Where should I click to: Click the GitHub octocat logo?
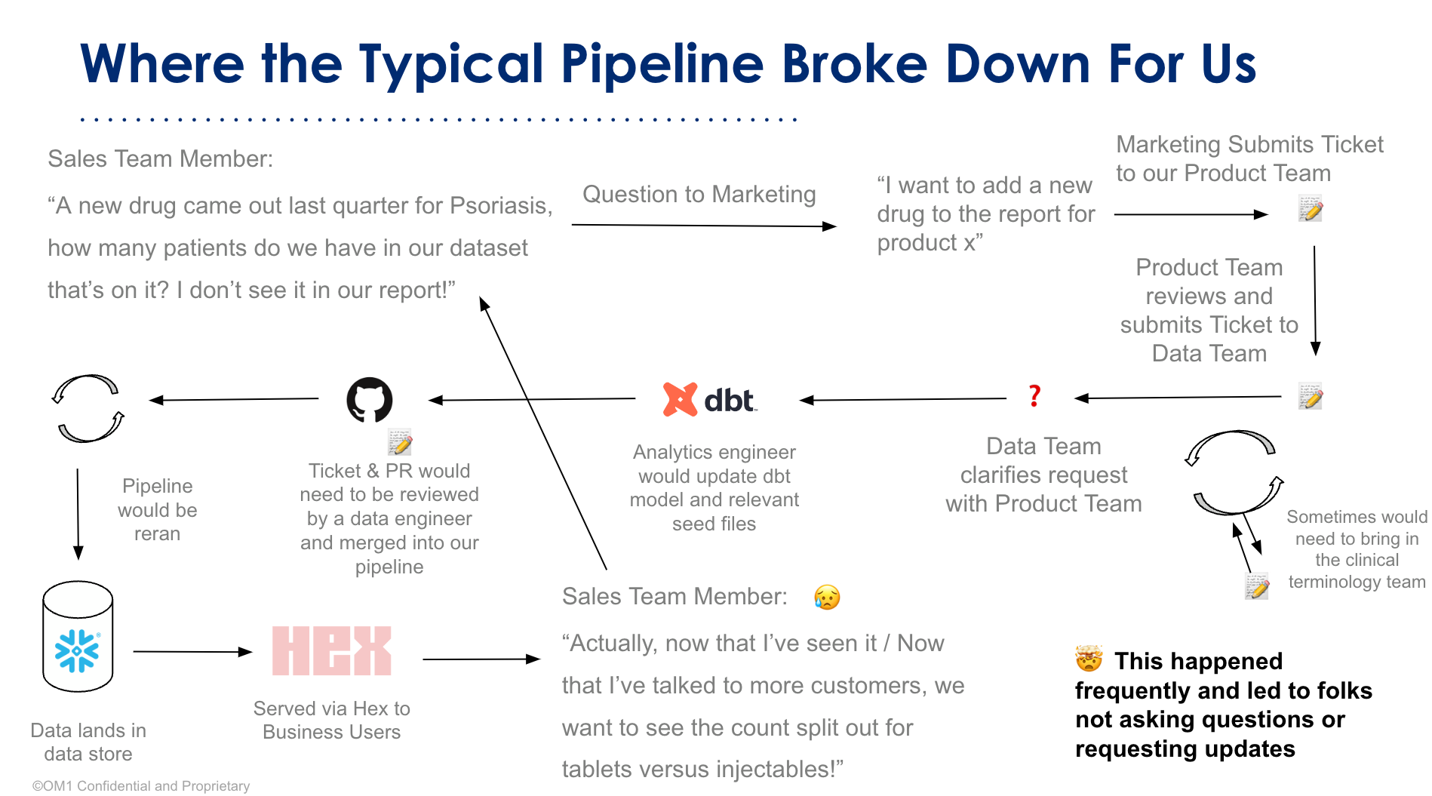click(x=369, y=399)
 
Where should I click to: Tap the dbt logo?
click(x=709, y=399)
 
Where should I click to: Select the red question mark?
click(x=1034, y=395)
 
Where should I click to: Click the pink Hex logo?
click(x=332, y=650)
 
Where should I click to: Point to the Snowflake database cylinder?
click(x=78, y=636)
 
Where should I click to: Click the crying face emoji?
click(x=827, y=597)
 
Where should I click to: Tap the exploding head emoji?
click(x=1089, y=659)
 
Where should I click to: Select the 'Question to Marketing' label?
click(x=699, y=194)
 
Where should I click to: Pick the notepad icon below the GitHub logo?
click(x=400, y=442)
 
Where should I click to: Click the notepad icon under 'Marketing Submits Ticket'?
click(x=1311, y=208)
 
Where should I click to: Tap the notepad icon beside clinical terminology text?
click(x=1257, y=586)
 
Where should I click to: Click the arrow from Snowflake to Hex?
click(x=192, y=651)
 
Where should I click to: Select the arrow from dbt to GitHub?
click(x=532, y=399)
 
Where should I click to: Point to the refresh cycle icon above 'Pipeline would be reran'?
click(x=88, y=408)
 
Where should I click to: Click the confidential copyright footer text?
click(x=141, y=785)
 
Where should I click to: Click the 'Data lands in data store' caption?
click(x=88, y=742)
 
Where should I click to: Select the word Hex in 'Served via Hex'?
click(x=370, y=708)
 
